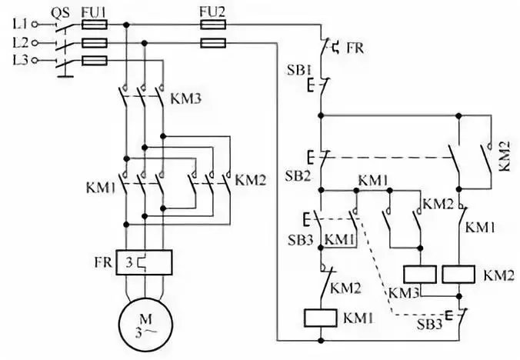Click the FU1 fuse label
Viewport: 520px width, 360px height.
(93, 11)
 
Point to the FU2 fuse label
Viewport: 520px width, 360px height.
(212, 11)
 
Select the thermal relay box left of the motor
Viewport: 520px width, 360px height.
(142, 262)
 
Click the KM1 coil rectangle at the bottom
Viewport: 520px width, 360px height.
(319, 317)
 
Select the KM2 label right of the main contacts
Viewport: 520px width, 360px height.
(250, 182)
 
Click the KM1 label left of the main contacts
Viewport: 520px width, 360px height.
(101, 187)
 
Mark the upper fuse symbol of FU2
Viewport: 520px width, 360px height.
(212, 25)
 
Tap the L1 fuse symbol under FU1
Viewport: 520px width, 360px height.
(94, 25)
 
